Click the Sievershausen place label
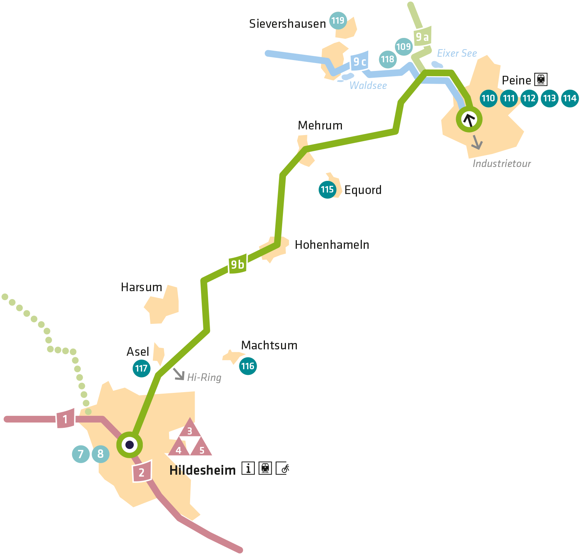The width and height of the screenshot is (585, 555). [x=287, y=24]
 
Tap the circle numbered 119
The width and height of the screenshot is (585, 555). [x=338, y=21]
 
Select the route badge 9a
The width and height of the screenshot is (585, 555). [x=422, y=37]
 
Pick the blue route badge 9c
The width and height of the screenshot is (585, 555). [x=360, y=62]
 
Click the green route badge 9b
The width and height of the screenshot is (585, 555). [x=237, y=265]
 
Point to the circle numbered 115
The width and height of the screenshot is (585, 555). [x=327, y=190]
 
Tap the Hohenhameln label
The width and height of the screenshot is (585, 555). [x=332, y=245]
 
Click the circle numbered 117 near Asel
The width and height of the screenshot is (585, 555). [x=141, y=368]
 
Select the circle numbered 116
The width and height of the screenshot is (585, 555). [x=248, y=366]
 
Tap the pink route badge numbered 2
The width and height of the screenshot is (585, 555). [x=142, y=472]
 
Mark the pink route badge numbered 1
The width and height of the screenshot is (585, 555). [x=65, y=419]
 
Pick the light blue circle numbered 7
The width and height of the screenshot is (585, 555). [x=81, y=454]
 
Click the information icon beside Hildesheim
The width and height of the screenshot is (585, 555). [x=248, y=468]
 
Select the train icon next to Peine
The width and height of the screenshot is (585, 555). [x=541, y=80]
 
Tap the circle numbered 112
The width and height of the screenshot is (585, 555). [x=529, y=98]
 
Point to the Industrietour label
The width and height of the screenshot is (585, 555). [x=502, y=164]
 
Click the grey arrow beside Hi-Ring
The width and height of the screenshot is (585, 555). [x=179, y=374]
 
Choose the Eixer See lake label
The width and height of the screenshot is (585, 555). [x=457, y=53]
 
